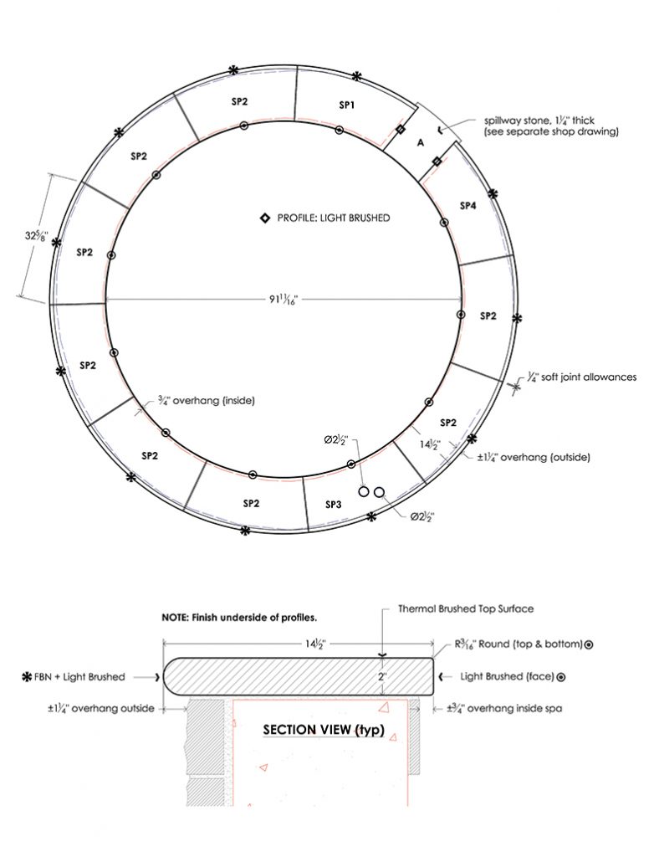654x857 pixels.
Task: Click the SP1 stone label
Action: point(347,105)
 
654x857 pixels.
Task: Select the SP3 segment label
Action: point(333,505)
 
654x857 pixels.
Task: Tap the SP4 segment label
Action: point(468,205)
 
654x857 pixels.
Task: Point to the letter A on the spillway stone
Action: point(421,143)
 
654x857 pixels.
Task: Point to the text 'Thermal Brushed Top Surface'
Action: point(466,608)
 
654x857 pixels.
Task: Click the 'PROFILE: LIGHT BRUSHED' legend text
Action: point(333,218)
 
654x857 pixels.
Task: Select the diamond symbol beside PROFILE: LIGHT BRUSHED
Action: point(264,218)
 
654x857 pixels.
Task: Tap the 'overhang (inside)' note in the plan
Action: point(206,401)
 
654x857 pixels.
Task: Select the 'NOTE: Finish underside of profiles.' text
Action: point(239,618)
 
